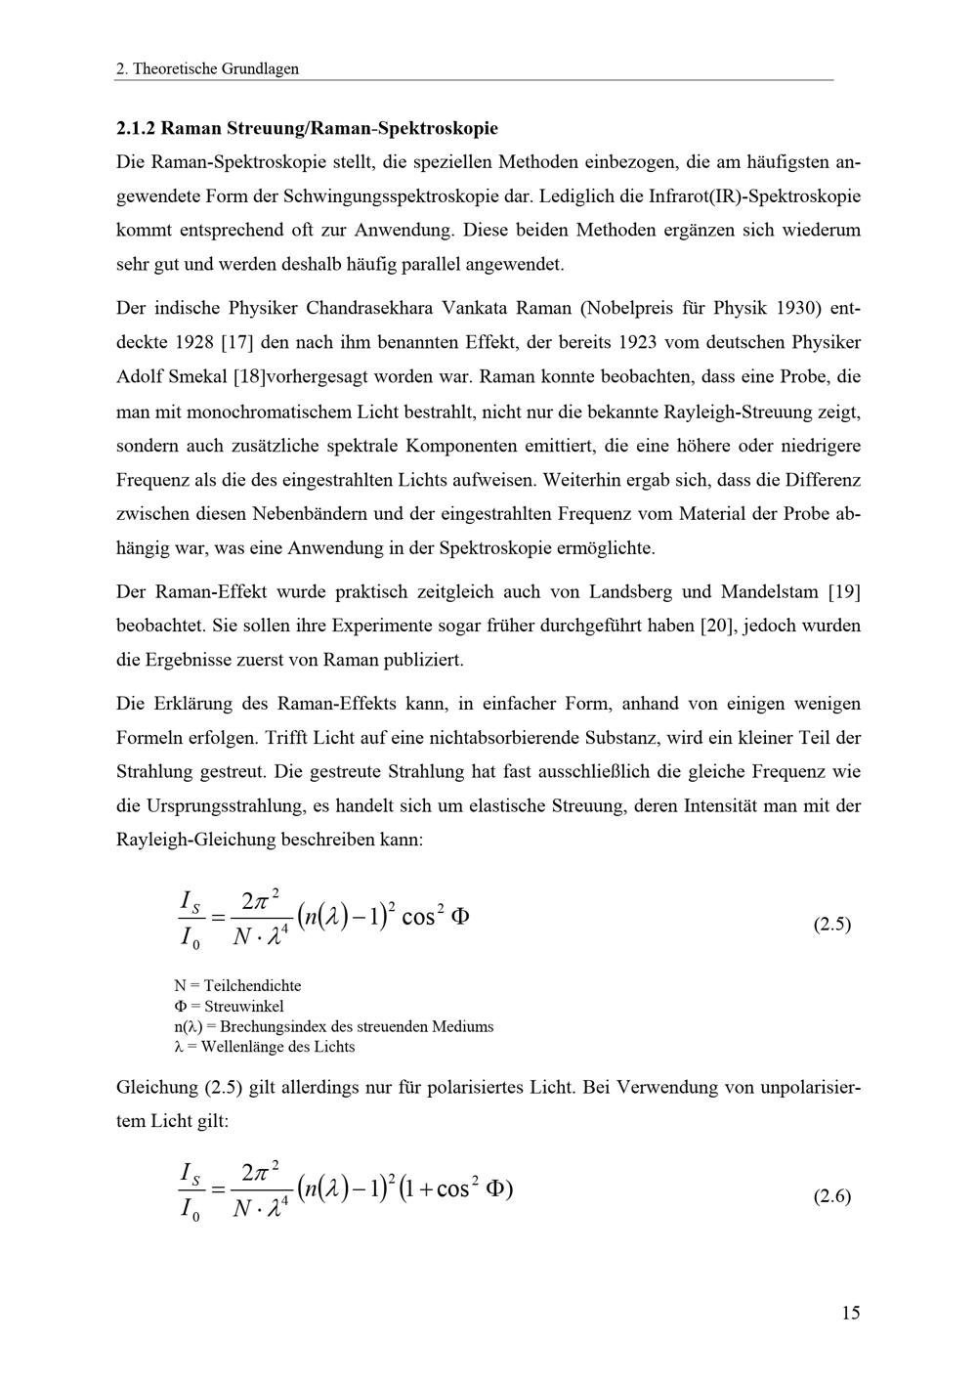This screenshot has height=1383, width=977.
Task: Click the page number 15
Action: click(850, 1313)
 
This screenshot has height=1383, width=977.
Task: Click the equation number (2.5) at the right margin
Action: click(831, 924)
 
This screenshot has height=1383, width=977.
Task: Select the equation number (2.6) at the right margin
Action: click(831, 1195)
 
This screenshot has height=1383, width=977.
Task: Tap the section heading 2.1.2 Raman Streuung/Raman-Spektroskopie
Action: click(307, 128)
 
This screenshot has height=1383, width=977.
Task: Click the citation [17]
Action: click(238, 342)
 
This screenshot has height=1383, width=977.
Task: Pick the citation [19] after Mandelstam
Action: click(844, 591)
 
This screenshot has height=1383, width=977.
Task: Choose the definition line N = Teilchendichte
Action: click(237, 985)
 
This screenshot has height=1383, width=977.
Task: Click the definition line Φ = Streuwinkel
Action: click(229, 1006)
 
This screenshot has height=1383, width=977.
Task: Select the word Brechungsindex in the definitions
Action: click(268, 1026)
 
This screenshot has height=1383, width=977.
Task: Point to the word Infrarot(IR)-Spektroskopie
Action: click(754, 195)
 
